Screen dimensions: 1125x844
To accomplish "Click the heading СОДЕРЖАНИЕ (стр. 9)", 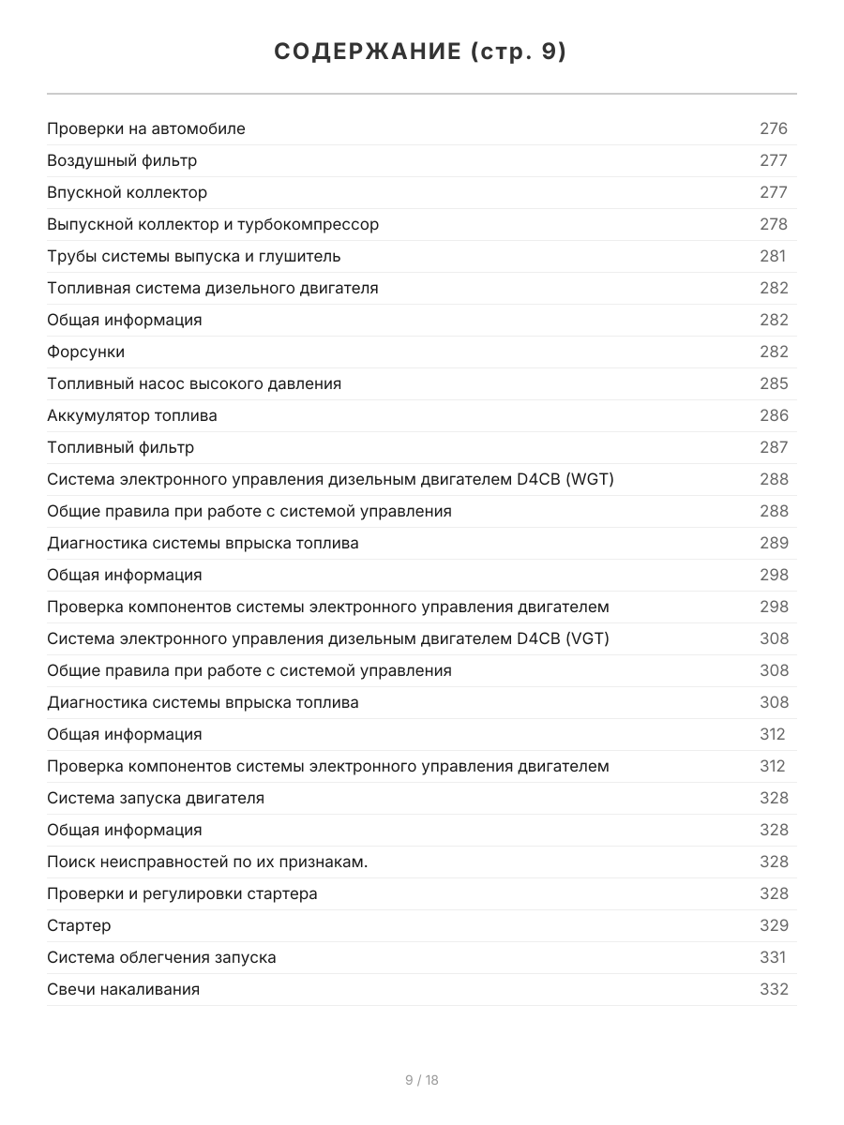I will click(421, 52).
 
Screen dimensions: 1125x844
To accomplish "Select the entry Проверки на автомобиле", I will click(146, 128).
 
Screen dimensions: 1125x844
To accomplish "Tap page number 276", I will click(774, 128).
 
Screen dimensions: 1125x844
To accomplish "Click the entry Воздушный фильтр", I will click(122, 160).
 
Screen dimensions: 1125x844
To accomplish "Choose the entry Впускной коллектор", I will click(128, 192).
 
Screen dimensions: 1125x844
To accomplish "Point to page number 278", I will click(774, 224).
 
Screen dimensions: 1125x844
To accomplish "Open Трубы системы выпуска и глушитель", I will click(194, 256).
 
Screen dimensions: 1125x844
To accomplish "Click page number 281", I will click(773, 256).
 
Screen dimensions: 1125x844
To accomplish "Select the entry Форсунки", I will click(85, 352).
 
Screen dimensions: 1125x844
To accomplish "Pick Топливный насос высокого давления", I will click(194, 383).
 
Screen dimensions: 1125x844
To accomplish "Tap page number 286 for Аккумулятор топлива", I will click(774, 415).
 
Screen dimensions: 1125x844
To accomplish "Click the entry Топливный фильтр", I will click(121, 447).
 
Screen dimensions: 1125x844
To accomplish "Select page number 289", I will click(774, 543).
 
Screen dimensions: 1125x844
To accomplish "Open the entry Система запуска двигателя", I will click(156, 798).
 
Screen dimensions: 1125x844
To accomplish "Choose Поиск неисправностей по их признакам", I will click(207, 862).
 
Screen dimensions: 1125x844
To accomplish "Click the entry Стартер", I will click(79, 925).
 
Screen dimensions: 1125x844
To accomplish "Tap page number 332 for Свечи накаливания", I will click(774, 989).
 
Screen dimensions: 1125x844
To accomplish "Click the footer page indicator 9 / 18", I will click(421, 1080).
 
